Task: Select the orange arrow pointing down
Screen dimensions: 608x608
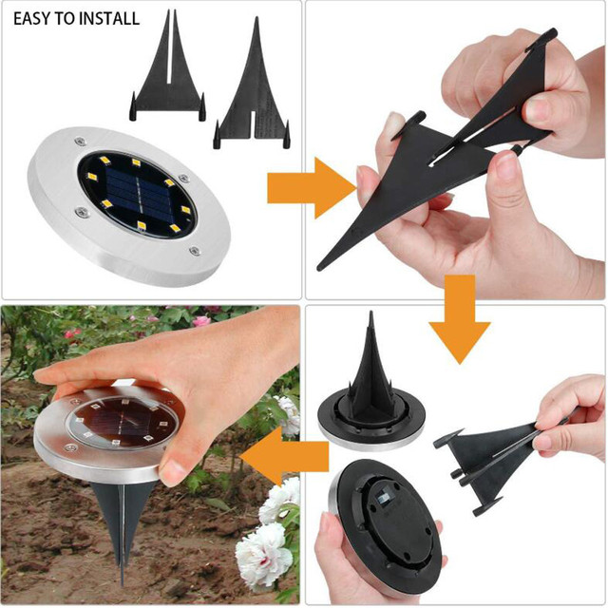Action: pyautogui.click(x=460, y=319)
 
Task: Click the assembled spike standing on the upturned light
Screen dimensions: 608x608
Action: pyautogui.click(x=370, y=368)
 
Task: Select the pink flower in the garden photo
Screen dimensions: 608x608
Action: pyautogui.click(x=201, y=320)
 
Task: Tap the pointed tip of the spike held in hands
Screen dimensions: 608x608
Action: pyautogui.click(x=319, y=268)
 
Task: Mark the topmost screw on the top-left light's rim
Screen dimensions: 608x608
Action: pyautogui.click(x=80, y=141)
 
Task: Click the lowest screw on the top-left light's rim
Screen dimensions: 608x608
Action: pyautogui.click(x=195, y=251)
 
